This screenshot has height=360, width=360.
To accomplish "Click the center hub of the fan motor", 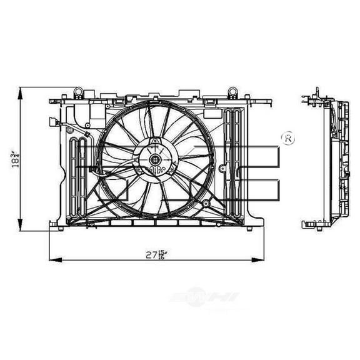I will (154, 161).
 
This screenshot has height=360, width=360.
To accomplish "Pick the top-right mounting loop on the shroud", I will (232, 91).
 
